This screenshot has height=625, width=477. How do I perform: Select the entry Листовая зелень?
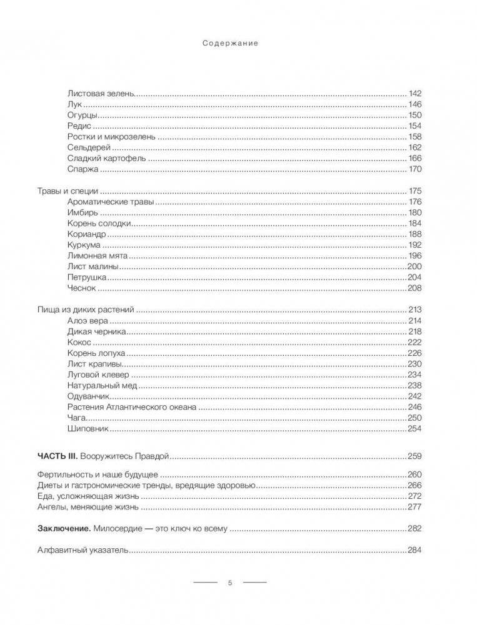point(99,93)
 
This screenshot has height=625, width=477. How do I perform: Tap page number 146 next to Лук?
point(415,104)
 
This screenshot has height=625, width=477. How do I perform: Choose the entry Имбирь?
point(81,213)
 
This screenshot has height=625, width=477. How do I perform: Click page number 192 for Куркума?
point(415,245)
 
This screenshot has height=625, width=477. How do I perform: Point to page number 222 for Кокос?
point(415,343)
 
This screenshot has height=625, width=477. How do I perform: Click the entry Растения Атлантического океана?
point(131,407)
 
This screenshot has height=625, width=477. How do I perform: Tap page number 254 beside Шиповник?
point(415,429)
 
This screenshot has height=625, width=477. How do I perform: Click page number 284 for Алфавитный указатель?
point(415,550)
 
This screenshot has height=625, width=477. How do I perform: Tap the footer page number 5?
point(229,583)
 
